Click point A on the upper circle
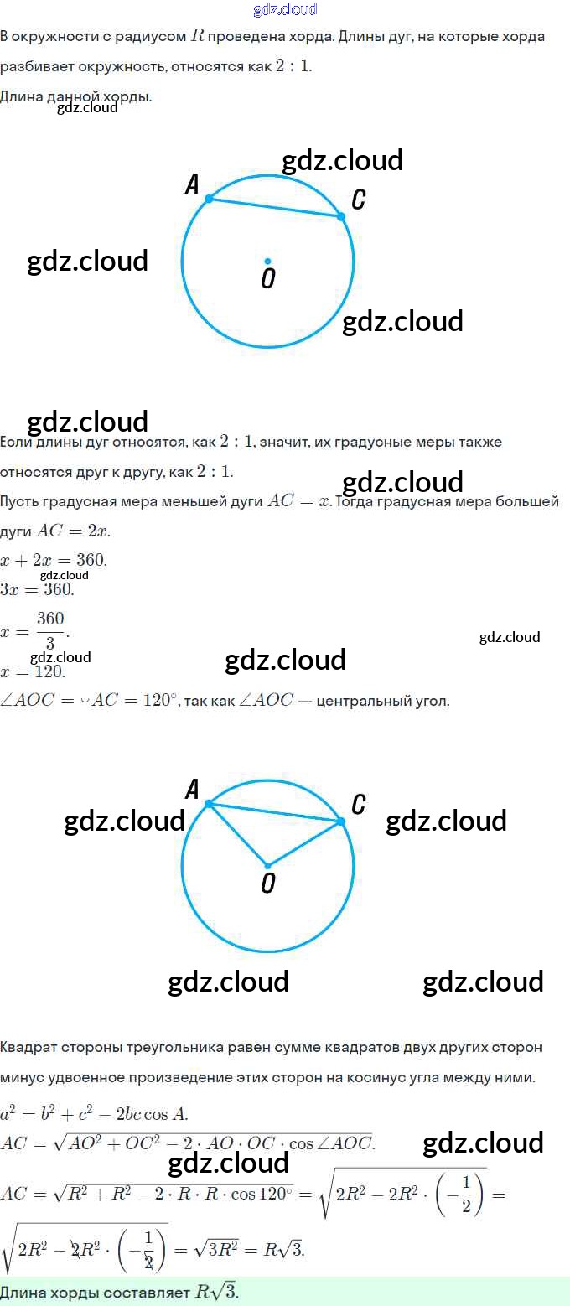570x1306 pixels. tap(209, 199)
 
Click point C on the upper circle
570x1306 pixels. tap(341, 216)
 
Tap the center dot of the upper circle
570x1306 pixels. tap(267, 261)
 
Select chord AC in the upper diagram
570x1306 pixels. tap(275, 208)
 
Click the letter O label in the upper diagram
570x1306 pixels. tap(267, 278)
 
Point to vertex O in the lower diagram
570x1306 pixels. tap(267, 865)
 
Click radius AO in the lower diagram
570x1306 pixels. tap(238, 834)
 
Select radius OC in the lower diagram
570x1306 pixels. tap(304, 843)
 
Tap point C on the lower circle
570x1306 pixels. tap(341, 821)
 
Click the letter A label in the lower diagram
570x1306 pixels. tap(192, 789)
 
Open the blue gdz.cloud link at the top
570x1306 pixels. tap(285, 9)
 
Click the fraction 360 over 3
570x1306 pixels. tap(50, 630)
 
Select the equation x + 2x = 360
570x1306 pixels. tap(54, 559)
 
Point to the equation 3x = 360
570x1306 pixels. tap(38, 588)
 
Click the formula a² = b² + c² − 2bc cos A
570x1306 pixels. tap(94, 1114)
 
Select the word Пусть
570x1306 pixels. tap(19, 501)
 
